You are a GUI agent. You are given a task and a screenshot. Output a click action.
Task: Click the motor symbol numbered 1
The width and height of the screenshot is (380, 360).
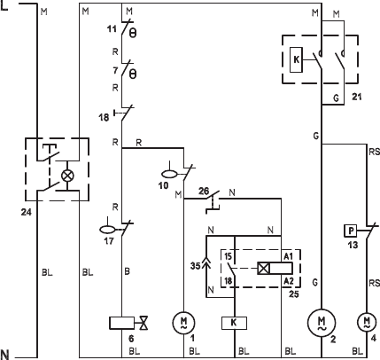tap(183, 323)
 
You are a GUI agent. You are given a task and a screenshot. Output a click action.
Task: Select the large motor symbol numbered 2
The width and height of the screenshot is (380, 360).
tap(322, 323)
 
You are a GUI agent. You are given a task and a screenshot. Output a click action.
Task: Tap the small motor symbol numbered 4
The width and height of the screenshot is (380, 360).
tap(367, 322)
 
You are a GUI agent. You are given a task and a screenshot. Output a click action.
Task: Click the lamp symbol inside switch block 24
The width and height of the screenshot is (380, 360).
tap(67, 176)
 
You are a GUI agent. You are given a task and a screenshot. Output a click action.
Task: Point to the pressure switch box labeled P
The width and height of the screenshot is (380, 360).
tap(351, 231)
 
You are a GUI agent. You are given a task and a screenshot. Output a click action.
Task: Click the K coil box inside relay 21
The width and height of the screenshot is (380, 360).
tap(296, 59)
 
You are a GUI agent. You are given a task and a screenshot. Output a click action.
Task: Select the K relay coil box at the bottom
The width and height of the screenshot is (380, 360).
tap(234, 323)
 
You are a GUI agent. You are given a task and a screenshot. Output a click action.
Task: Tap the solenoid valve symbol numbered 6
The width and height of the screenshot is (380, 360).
tap(128, 323)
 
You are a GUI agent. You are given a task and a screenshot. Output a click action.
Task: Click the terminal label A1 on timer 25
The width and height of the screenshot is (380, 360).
tap(288, 256)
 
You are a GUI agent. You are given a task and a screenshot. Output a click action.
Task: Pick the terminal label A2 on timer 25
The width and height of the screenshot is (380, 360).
tap(289, 281)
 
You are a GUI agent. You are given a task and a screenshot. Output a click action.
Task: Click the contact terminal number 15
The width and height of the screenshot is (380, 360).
tap(228, 256)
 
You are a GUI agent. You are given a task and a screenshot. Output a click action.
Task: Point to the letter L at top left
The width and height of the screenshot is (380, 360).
tap(4, 5)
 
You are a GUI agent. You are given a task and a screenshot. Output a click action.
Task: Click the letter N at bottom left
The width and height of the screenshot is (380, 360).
tap(5, 354)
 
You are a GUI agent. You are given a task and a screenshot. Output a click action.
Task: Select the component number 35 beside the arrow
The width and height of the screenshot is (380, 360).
tap(195, 266)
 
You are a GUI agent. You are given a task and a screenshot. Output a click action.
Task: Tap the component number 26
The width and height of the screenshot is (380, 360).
tap(204, 191)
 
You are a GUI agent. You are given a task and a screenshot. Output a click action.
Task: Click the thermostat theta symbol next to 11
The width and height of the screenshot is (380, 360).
tap(133, 33)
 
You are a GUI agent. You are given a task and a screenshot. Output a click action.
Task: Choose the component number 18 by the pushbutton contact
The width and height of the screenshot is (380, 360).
tap(104, 117)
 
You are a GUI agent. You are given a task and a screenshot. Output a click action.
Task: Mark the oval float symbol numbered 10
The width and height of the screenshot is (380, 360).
tap(169, 175)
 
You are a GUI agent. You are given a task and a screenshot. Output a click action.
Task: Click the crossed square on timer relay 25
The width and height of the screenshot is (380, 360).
tap(264, 269)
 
